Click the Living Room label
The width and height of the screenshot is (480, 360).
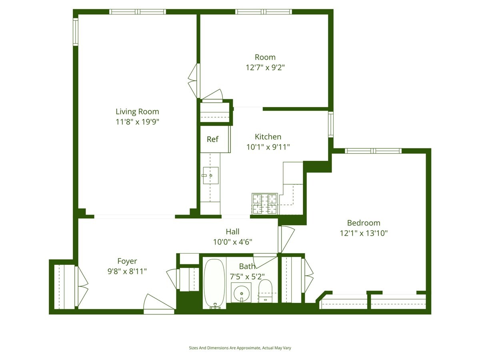(137, 112)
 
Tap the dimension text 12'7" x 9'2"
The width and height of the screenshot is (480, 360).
(265, 67)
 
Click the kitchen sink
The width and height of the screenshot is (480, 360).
(210, 175)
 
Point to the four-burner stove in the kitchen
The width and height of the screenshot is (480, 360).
(264, 203)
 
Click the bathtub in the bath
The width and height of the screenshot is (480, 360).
(214, 283)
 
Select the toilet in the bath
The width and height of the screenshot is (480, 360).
(265, 290)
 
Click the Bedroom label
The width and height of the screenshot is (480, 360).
(363, 223)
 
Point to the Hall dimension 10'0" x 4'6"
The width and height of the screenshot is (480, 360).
(232, 242)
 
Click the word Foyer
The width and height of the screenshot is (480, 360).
(127, 261)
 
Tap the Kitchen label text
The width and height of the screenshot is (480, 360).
(268, 137)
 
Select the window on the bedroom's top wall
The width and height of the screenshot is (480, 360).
(373, 151)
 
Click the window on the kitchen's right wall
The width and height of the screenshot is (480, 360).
(330, 124)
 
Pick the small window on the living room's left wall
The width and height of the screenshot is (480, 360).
(75, 32)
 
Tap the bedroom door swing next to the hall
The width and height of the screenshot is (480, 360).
(286, 239)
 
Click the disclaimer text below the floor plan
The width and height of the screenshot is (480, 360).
(240, 348)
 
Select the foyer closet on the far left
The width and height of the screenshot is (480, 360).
(64, 286)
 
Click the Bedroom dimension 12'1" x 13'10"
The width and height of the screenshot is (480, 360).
(363, 233)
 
